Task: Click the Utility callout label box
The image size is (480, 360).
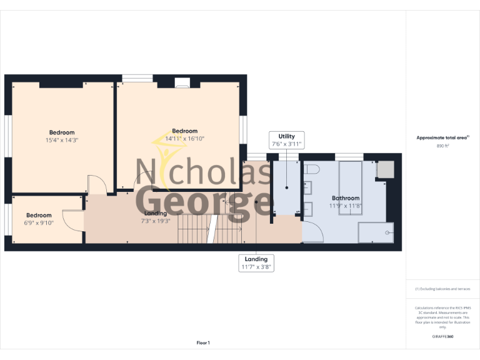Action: (x=286, y=140)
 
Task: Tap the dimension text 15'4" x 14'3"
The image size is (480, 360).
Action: (x=61, y=140)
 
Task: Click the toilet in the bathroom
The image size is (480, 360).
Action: (x=312, y=169)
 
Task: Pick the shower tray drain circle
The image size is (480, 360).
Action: (x=389, y=232)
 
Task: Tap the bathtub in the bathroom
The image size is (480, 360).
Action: (x=350, y=187)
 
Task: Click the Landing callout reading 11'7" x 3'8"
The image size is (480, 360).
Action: (x=256, y=262)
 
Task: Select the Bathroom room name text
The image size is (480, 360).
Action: (x=345, y=197)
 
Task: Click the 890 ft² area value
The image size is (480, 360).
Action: (x=442, y=145)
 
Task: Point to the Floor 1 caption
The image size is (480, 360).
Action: (x=203, y=342)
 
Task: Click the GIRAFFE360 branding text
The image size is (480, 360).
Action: (x=442, y=337)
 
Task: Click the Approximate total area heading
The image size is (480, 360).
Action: (x=442, y=137)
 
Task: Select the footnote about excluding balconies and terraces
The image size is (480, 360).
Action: (x=442, y=289)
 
